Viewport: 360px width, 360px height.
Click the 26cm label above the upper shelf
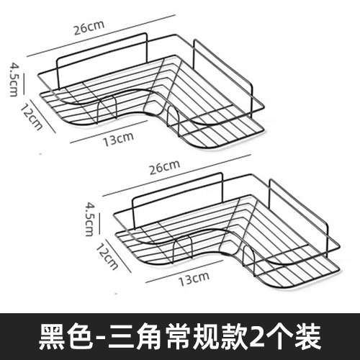(89, 28)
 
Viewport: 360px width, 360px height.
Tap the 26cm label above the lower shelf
(165, 167)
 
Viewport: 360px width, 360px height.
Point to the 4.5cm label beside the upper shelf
(14, 79)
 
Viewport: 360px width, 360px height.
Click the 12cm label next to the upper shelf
(31, 117)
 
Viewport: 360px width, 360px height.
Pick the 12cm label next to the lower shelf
(107, 256)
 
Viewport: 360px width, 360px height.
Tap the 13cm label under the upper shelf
(118, 139)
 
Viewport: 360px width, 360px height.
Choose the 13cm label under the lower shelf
(194, 279)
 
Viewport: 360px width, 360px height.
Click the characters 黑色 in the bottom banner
(66, 336)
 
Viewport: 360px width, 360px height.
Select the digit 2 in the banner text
(256, 337)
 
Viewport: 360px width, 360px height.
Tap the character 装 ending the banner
(308, 336)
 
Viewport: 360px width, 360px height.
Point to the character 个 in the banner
(279, 336)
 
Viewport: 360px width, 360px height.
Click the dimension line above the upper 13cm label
(109, 132)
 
